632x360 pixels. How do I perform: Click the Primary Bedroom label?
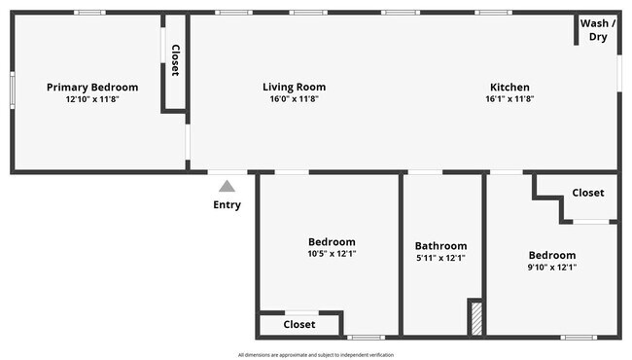tap(92, 87)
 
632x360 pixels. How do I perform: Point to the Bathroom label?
tap(440, 246)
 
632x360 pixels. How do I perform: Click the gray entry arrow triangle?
tap(227, 186)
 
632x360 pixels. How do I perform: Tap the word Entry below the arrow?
tap(227, 205)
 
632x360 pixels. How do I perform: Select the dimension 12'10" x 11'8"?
tap(92, 99)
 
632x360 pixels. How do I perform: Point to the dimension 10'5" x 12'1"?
tap(332, 254)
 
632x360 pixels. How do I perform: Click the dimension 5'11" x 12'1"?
tap(440, 258)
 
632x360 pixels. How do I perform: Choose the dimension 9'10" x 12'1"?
tap(551, 267)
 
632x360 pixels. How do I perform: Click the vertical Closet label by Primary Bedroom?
tap(175, 60)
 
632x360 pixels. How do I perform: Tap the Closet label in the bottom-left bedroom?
tap(299, 324)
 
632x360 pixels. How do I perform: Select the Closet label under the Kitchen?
tap(587, 193)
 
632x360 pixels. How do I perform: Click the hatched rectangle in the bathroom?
tap(475, 319)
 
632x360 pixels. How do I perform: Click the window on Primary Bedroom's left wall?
tap(12, 90)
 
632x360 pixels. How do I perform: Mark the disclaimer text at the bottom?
tap(316, 354)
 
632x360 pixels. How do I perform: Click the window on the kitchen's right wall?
tap(619, 74)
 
